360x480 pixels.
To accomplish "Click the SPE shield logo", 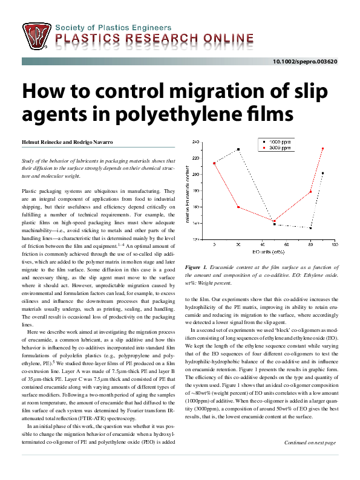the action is pyautogui.click(x=38, y=37).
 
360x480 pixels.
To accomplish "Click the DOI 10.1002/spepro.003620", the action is pyautogui.click(x=305, y=62).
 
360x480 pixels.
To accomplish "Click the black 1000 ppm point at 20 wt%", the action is pyautogui.click(x=238, y=149).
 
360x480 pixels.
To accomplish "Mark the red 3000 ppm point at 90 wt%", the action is pyautogui.click(x=322, y=149).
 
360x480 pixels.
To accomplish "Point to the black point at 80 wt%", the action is pyautogui.click(x=310, y=228).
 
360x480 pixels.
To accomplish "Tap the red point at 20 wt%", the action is pyautogui.click(x=238, y=207).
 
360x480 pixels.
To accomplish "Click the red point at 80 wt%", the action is pyautogui.click(x=310, y=192).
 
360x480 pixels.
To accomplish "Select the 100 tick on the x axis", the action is pyautogui.click(x=334, y=245).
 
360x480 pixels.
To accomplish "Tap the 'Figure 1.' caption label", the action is pyautogui.click(x=196, y=267).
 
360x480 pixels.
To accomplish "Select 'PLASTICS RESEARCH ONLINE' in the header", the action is pyautogui.click(x=154, y=41).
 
